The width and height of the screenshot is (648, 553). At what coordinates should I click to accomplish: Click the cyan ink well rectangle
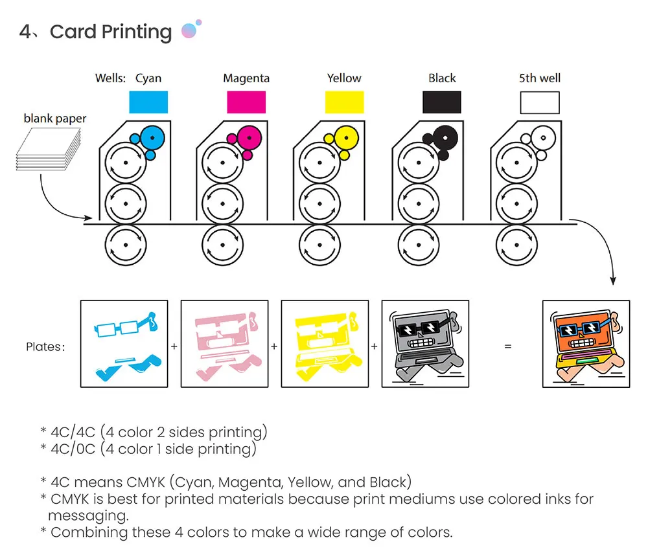(x=148, y=102)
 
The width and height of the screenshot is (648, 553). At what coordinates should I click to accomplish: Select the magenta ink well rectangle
(x=246, y=102)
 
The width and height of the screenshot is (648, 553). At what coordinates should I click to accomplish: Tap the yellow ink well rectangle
(x=344, y=102)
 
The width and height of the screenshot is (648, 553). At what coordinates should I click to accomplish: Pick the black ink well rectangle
(x=442, y=102)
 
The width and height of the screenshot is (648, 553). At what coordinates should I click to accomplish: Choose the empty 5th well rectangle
(x=540, y=102)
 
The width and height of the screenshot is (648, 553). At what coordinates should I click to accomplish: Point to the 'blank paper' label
(x=55, y=119)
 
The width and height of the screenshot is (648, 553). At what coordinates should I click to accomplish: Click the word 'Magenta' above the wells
(x=246, y=78)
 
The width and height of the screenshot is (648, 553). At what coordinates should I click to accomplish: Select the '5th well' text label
(x=540, y=78)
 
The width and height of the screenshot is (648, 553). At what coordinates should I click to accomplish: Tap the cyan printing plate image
(x=124, y=344)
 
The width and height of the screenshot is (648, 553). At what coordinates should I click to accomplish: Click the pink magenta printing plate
(x=224, y=344)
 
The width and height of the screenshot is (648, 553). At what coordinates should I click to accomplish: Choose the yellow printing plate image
(x=325, y=344)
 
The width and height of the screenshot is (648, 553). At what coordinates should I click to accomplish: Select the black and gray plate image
(x=426, y=344)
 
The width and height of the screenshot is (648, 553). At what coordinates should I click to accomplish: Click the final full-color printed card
(x=586, y=344)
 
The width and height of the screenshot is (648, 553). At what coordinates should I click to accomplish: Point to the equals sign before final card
(x=507, y=346)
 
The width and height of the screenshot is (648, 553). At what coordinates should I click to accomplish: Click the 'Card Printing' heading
(x=110, y=32)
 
